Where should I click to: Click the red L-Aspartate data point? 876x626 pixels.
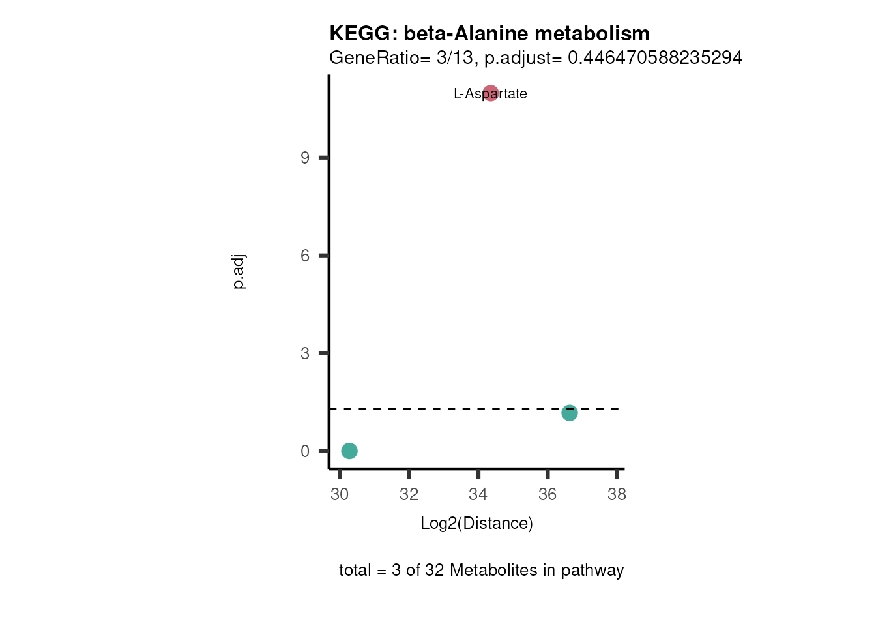[491, 93]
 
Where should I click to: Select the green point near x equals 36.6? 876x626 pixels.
[570, 413]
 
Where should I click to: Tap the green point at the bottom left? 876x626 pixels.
[349, 451]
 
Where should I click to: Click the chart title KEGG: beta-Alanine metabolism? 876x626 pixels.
[489, 33]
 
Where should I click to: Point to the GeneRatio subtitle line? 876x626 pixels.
[535, 58]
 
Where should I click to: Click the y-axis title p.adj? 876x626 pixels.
[239, 272]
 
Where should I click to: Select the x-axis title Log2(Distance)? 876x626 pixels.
[476, 523]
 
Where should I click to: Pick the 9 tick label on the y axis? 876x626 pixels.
[305, 158]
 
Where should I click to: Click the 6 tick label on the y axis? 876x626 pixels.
[305, 256]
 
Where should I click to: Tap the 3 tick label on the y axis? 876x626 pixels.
[305, 353]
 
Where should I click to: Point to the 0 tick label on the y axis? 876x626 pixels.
[305, 451]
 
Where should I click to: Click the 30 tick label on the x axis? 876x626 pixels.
[340, 494]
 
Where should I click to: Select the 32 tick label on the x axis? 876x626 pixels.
[409, 494]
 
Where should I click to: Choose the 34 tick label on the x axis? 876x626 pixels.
[478, 494]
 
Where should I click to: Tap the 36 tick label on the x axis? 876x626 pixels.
[547, 494]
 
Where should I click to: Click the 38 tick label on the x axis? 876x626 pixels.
[617, 494]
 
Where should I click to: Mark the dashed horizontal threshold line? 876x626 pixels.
[456, 408]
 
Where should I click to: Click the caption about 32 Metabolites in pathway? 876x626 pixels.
[481, 570]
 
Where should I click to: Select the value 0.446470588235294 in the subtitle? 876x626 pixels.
[655, 58]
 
